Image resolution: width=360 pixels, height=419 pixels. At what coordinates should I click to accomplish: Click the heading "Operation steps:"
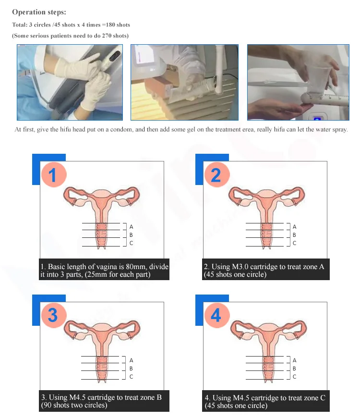click(39, 12)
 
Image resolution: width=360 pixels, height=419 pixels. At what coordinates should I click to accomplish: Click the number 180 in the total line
click(110, 25)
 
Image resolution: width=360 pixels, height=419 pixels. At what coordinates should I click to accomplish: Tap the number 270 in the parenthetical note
click(107, 36)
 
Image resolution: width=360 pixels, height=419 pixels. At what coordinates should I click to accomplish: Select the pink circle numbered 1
click(54, 175)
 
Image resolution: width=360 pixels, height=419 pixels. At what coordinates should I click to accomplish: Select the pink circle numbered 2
click(217, 175)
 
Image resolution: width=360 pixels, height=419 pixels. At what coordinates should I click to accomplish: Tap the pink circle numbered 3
click(53, 315)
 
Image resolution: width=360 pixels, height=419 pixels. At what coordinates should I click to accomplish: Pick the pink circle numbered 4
click(216, 315)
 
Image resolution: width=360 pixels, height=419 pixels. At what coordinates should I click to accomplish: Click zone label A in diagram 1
click(132, 227)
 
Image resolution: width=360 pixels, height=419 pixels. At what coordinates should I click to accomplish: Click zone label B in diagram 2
click(294, 235)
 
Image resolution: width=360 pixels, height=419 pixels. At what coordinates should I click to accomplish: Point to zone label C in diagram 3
click(132, 377)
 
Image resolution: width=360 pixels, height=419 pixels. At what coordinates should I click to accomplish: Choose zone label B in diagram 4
click(294, 369)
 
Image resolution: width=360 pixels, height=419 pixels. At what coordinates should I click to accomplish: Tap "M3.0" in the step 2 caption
click(240, 267)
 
